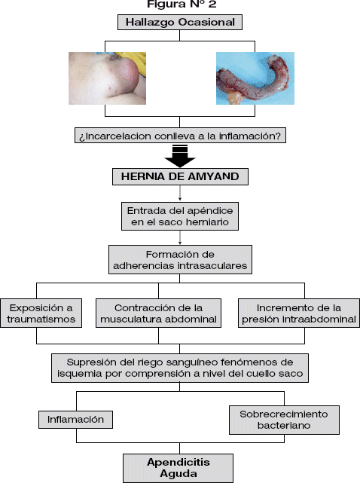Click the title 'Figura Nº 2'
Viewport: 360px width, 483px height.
pos(182,4)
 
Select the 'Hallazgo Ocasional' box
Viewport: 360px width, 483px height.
pos(180,22)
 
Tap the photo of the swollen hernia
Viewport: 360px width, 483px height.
pos(107,78)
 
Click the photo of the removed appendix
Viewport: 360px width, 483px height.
pos(255,78)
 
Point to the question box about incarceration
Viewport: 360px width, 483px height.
pos(180,136)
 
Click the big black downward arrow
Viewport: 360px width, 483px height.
pos(180,156)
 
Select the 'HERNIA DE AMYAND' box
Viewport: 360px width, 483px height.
pos(180,176)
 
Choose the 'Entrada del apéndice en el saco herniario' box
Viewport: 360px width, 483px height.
pos(180,216)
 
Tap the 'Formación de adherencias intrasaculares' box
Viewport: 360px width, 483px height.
pos(180,260)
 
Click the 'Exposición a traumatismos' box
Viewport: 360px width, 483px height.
pos(41,313)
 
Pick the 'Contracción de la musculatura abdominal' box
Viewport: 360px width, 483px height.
pos(158,313)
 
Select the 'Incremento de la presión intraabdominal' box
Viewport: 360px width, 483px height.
pos(299,313)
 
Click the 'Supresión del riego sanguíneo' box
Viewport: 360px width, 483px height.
pos(180,368)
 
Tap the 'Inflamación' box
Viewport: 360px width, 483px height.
pos(75,420)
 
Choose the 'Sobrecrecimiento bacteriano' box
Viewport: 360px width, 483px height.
pos(284,420)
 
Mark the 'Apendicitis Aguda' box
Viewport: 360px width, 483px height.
pos(178,468)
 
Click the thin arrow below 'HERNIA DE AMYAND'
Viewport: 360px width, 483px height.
pos(180,193)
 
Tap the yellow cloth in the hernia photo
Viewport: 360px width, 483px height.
pos(136,59)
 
